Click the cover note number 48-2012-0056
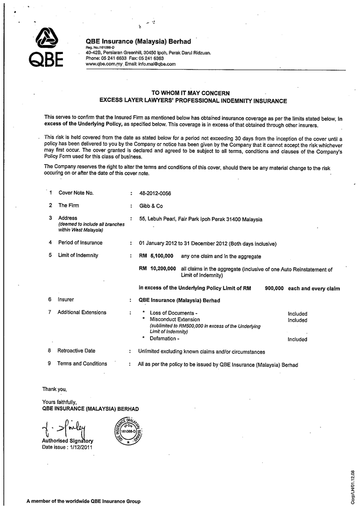click(x=155, y=193)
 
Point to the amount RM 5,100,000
click(x=157, y=256)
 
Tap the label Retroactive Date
click(x=76, y=352)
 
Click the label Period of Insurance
click(x=80, y=243)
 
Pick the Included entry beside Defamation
click(x=298, y=339)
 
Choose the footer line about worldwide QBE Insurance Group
click(x=83, y=501)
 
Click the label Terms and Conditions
click(x=82, y=364)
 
